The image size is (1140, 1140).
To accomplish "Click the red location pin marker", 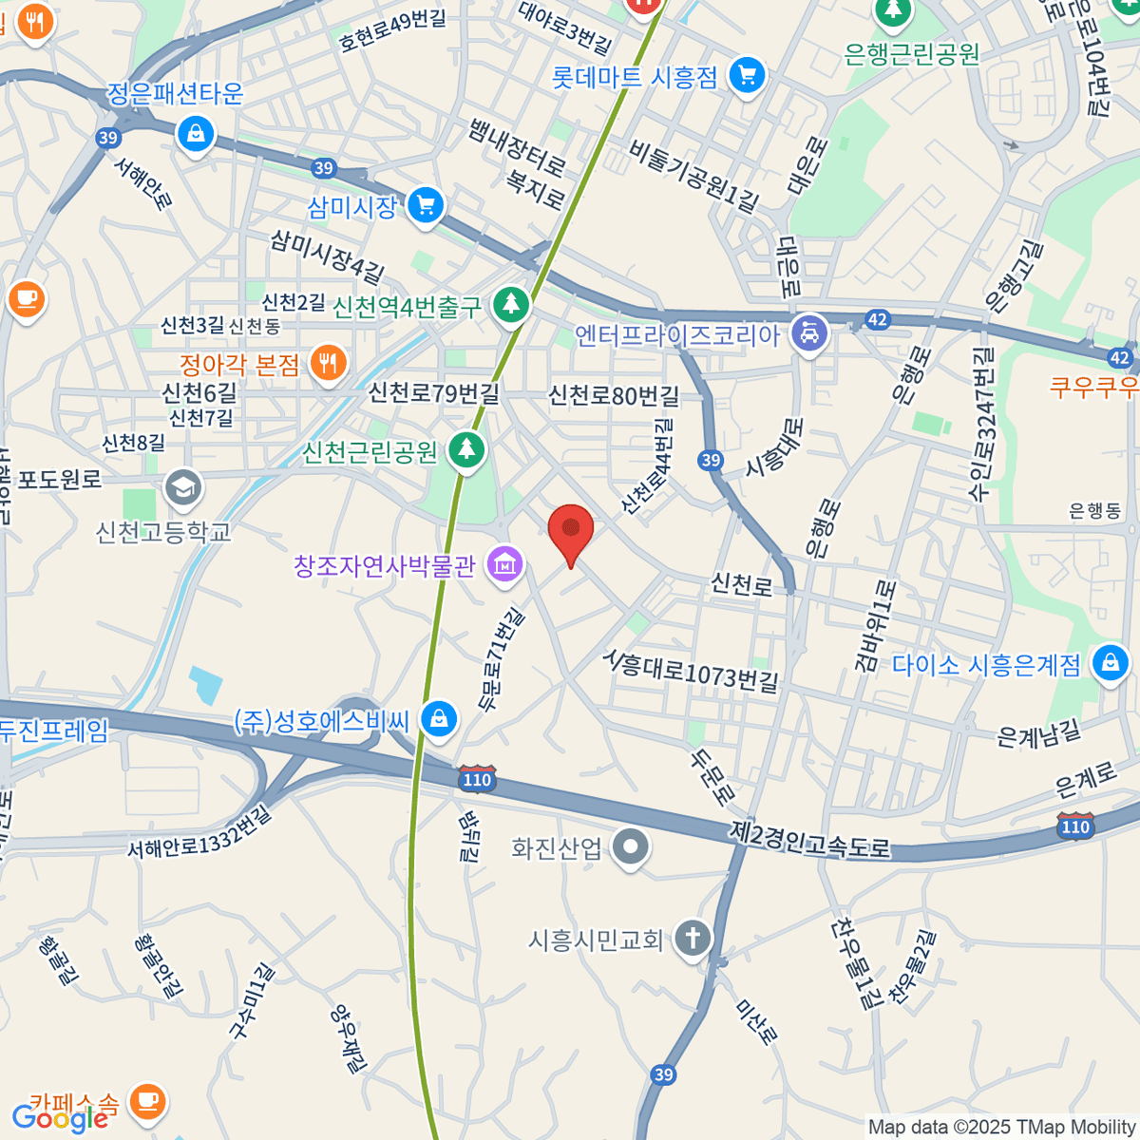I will (571, 533).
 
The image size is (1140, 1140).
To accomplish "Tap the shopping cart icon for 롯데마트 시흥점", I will (747, 76).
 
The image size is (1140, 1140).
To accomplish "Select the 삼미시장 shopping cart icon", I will (425, 206).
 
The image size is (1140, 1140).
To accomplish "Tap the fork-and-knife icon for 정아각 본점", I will (327, 364).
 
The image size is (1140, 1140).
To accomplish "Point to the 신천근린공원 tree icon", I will (465, 449).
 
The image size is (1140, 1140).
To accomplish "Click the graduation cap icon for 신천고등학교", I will (181, 488).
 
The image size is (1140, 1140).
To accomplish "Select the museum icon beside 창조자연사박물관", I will (504, 565).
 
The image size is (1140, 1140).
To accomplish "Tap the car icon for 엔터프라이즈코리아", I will (808, 333).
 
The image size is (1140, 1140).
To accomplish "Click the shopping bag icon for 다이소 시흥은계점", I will (1109, 663).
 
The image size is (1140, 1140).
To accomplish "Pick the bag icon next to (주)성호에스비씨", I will (438, 719).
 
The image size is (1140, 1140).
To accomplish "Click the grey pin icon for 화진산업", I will (630, 846).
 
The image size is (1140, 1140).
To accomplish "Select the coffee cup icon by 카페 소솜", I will (146, 1102).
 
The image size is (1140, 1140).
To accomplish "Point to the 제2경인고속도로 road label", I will (810, 838).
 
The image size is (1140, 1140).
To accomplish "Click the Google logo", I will (59, 1118).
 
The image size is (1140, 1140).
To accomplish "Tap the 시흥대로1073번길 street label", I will (692, 671).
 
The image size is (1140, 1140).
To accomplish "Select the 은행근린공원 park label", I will (911, 54).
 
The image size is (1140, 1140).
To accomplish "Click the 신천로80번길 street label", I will (614, 395).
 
